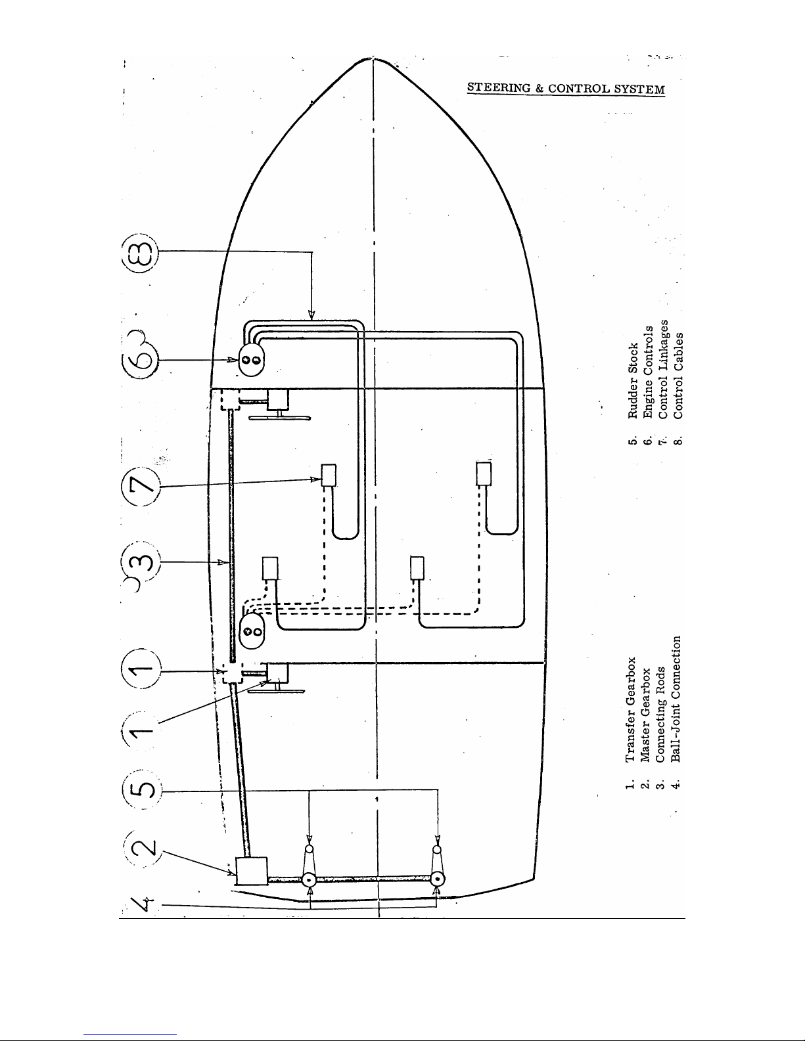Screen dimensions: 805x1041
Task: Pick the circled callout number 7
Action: point(140,486)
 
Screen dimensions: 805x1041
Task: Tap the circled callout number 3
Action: point(141,562)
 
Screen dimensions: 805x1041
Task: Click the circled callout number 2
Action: point(143,849)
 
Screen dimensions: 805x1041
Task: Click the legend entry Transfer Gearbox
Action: point(631,709)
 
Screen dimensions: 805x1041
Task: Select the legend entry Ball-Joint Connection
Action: point(676,698)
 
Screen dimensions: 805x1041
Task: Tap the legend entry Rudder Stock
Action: point(633,380)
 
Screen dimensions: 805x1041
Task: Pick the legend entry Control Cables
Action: point(678,376)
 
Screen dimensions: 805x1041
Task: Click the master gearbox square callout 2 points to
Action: point(252,871)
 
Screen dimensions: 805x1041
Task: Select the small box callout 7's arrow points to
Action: point(328,475)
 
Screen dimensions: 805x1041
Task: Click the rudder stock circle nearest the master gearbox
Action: point(308,879)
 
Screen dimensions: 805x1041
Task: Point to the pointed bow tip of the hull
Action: point(373,59)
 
